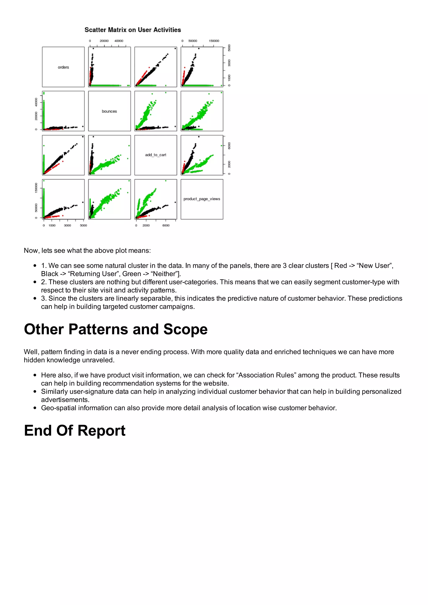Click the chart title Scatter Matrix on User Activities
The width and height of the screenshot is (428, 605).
[x=133, y=30]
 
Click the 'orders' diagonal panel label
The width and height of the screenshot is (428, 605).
[x=63, y=67]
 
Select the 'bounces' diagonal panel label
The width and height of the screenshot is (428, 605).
[x=109, y=111]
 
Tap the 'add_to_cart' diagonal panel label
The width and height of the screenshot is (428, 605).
[x=155, y=155]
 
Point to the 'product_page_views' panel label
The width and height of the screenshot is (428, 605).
[x=202, y=199]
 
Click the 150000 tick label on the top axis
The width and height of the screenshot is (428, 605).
[x=214, y=41]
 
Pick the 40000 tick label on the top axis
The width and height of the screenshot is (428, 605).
[x=119, y=41]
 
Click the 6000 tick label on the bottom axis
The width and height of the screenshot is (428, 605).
[x=166, y=225]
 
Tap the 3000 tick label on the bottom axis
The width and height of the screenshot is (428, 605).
[x=68, y=225]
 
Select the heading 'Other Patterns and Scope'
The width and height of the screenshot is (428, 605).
[x=116, y=329]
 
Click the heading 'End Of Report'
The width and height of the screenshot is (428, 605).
[x=75, y=430]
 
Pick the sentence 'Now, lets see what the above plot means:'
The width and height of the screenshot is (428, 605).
[x=87, y=251]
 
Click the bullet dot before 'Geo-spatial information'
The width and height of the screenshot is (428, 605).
[x=35, y=408]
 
